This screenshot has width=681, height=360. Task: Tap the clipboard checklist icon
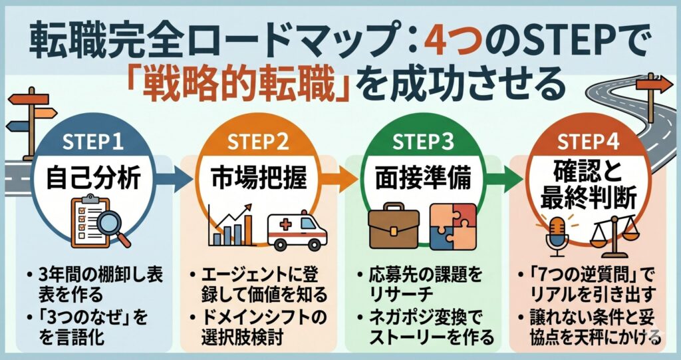click(82, 220)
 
